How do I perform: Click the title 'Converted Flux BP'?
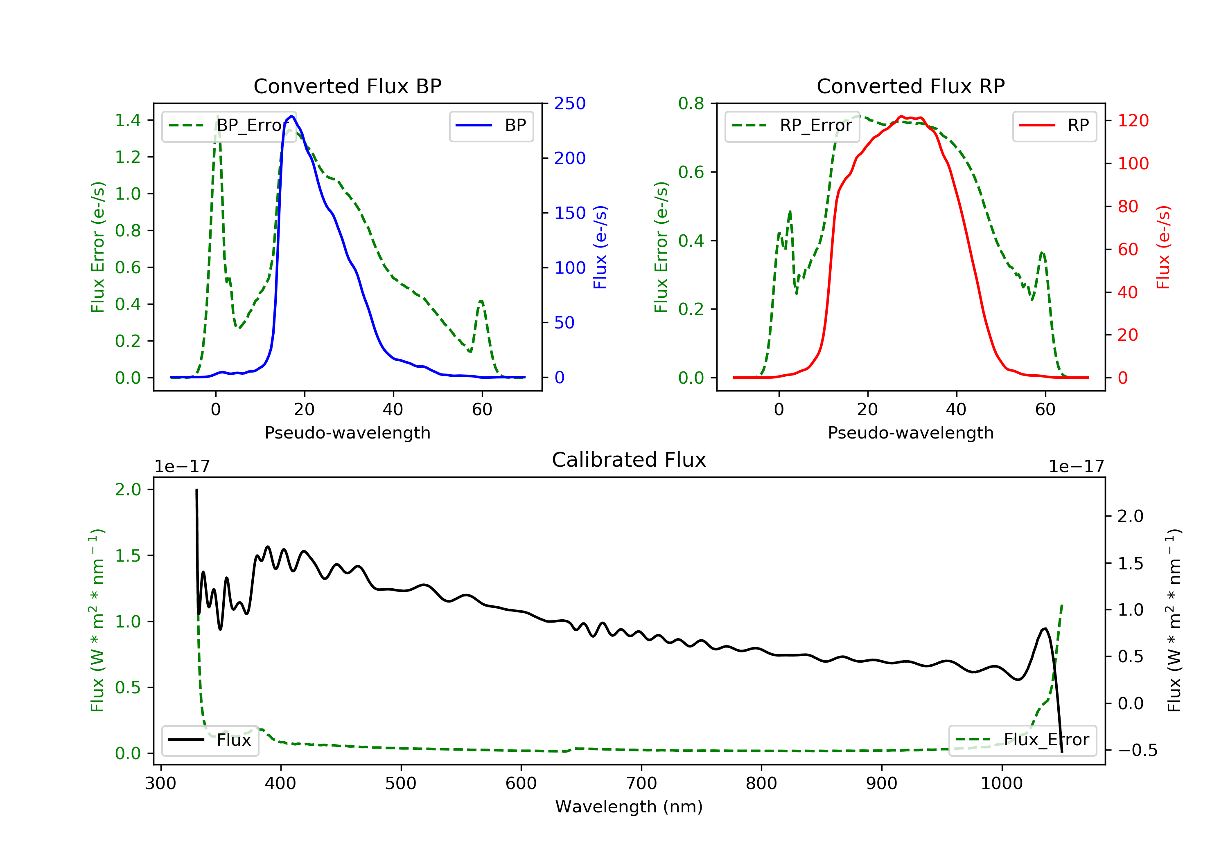tap(348, 86)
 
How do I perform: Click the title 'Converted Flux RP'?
tap(911, 86)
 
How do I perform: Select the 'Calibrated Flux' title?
tap(629, 460)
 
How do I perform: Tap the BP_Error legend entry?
tap(229, 126)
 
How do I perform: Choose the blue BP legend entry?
tap(491, 126)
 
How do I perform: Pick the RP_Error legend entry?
tap(792, 126)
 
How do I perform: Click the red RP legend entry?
tap(1054, 126)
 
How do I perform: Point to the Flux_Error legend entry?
tap(1023, 740)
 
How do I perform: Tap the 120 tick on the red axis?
tap(1133, 120)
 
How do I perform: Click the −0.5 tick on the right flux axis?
tap(1138, 751)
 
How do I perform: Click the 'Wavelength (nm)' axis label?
tap(629, 807)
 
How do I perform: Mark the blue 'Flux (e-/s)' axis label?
tap(600, 247)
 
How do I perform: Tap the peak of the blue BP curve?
tap(291, 116)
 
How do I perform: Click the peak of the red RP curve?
tap(901, 116)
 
